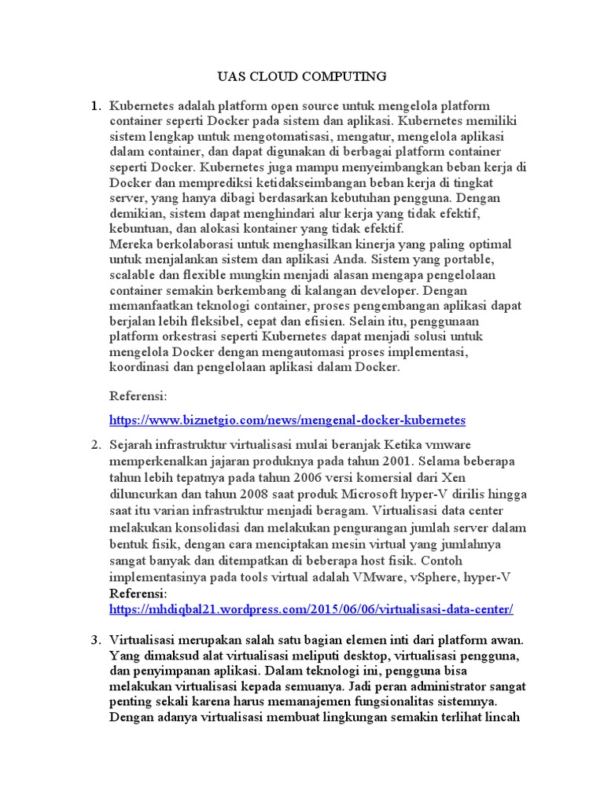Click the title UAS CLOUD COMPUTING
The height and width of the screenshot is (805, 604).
click(302, 76)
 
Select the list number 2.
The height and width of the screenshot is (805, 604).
click(95, 446)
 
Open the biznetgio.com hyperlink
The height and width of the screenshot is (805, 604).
click(288, 421)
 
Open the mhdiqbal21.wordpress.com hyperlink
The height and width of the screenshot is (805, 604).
click(311, 609)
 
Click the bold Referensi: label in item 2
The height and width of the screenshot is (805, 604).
click(138, 594)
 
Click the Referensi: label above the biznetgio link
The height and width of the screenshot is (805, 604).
click(138, 397)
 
